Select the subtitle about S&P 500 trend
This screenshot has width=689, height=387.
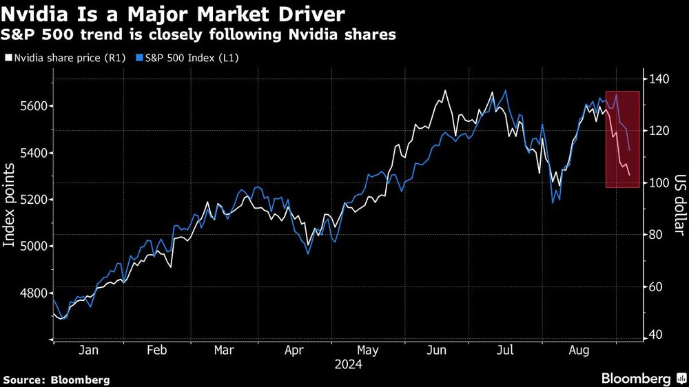tap(200, 35)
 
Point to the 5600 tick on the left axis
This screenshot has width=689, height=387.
tap(31, 105)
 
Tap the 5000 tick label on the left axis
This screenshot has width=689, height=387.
tap(31, 246)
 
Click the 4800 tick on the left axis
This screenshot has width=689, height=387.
tap(31, 293)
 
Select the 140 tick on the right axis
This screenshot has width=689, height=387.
tap(661, 79)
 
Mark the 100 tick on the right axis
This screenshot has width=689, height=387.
tap(661, 182)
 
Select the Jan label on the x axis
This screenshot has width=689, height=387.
tap(88, 351)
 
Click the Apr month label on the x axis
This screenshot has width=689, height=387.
tap(294, 351)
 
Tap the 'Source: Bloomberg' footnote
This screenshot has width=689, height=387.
tap(56, 379)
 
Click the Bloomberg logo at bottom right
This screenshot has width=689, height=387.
tap(640, 379)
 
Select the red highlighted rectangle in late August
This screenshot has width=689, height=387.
tap(622, 139)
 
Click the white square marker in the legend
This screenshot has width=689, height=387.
tap(8, 59)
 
